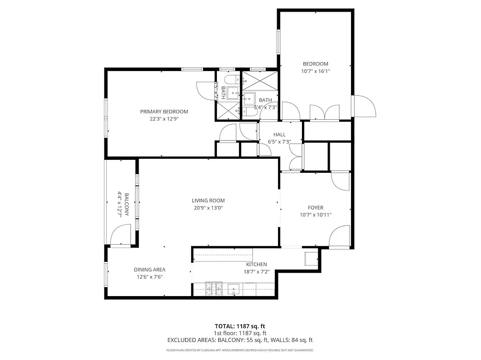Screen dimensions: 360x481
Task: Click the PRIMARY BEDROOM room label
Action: click(x=164, y=112)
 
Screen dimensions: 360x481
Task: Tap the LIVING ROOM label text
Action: click(x=208, y=201)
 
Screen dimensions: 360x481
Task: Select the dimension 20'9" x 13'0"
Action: click(x=208, y=208)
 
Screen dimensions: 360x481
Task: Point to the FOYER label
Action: click(x=315, y=207)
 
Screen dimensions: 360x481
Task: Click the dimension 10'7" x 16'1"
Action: click(x=315, y=71)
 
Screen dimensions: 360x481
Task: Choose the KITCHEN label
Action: click(x=256, y=265)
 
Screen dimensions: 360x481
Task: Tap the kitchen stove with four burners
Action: click(x=214, y=288)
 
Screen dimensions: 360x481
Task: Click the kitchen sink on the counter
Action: click(x=234, y=288)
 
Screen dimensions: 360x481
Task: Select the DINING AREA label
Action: click(x=149, y=270)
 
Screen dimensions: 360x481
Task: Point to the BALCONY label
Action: click(x=126, y=204)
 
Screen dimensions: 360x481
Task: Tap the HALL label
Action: click(x=279, y=135)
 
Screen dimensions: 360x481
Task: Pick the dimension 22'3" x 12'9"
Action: click(x=164, y=119)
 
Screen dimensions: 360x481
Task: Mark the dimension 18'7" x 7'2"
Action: click(x=256, y=272)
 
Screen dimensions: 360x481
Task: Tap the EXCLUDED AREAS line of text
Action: click(x=240, y=340)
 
